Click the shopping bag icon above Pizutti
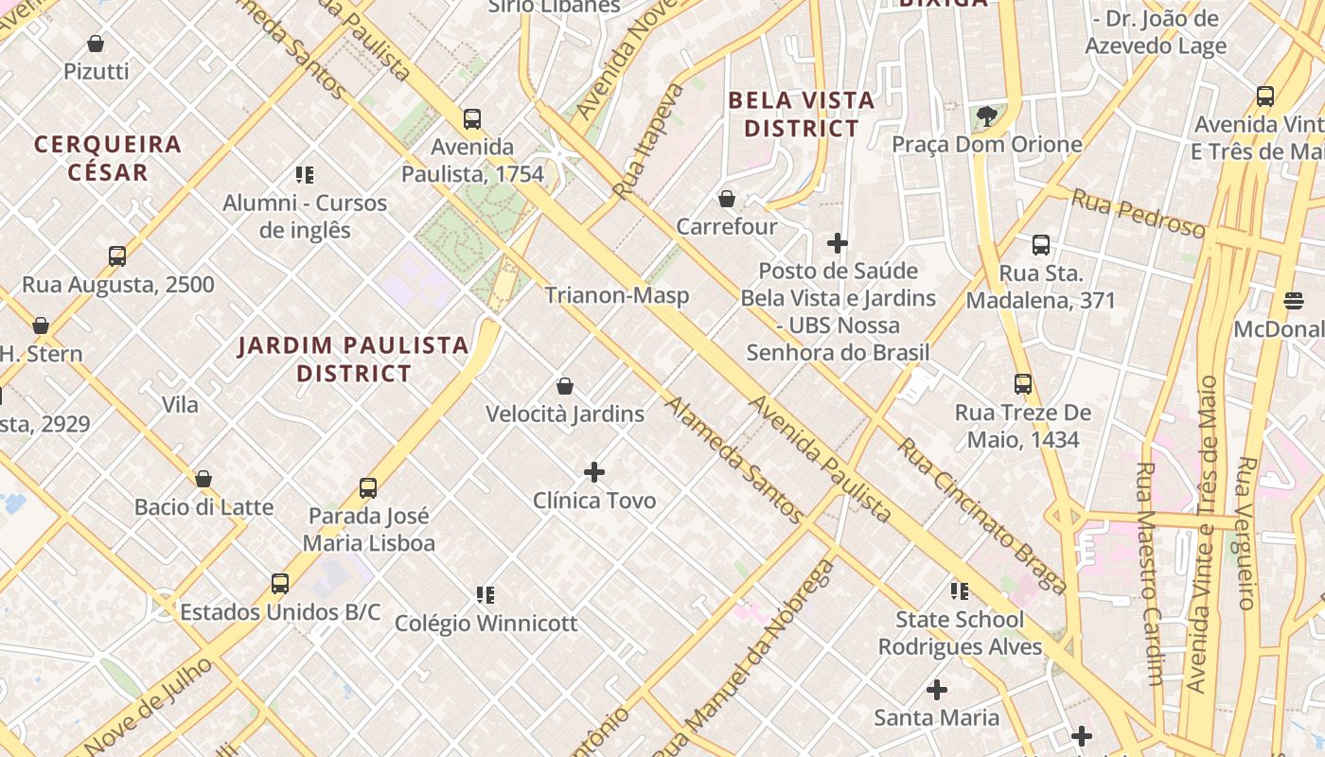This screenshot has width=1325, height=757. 96,44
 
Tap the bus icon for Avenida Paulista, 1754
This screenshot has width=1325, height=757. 472,119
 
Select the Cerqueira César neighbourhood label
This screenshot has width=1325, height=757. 107,158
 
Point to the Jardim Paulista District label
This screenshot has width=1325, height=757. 353,360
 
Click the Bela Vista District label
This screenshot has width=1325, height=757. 801,114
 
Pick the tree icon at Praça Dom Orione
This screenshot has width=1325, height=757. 987,116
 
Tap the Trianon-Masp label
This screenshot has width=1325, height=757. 616,295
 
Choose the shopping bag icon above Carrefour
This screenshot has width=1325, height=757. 727,199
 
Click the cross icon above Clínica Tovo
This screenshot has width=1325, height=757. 594,471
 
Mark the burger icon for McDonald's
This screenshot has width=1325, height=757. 1294,301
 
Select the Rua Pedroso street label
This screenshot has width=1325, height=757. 1138,213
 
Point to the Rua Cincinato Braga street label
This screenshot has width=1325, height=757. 981,516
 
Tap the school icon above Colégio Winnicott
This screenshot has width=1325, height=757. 486,595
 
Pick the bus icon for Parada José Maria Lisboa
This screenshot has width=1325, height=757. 368,488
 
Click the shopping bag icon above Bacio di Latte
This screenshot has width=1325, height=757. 203,479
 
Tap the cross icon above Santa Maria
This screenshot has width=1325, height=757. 937,690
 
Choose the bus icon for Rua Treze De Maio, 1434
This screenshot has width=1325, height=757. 1023,384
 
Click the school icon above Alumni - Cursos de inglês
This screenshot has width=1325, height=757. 305,175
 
